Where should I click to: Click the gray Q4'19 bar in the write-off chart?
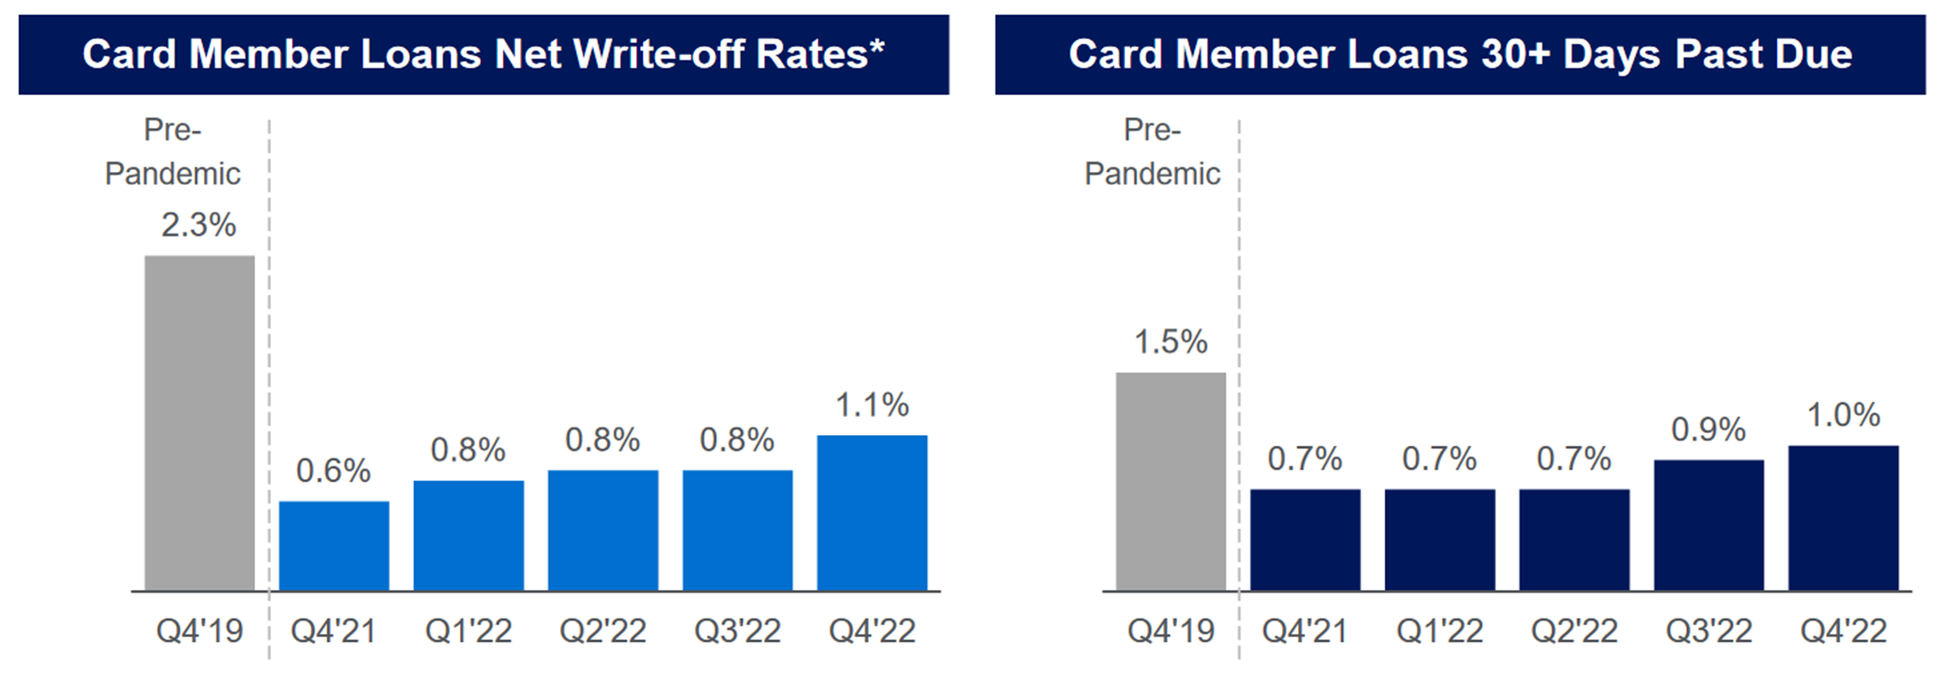click(199, 423)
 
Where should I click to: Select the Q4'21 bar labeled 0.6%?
click(334, 546)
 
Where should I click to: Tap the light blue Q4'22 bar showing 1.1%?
click(872, 513)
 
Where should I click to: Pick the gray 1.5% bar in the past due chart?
click(1170, 481)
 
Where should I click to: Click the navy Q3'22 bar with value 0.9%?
click(1709, 525)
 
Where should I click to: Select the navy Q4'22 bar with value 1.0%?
click(1843, 518)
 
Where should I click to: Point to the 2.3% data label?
click(199, 225)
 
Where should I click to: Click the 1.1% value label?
click(872, 405)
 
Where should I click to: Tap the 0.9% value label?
click(1709, 430)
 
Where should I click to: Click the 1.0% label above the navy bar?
click(1843, 415)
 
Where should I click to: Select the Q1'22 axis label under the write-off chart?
click(468, 632)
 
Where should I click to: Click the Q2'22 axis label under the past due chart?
click(1574, 632)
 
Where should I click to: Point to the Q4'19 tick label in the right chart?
click(1170, 632)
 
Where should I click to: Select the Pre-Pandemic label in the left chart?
click(173, 152)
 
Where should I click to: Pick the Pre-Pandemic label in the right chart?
click(1152, 152)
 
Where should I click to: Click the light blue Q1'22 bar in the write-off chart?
click(468, 535)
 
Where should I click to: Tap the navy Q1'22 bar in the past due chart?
click(1439, 540)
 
